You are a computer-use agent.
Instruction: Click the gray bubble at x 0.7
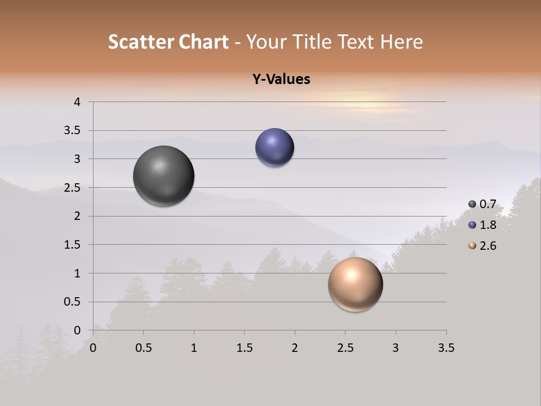pyautogui.click(x=164, y=176)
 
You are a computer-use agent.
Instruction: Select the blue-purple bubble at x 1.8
pyautogui.click(x=274, y=148)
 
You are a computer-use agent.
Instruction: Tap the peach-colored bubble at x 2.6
pyautogui.click(x=355, y=284)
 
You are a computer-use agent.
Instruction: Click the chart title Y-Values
pyautogui.click(x=281, y=80)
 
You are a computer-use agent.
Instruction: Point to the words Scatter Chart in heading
pyautogui.click(x=168, y=42)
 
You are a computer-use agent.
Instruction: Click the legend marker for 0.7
pyautogui.click(x=472, y=204)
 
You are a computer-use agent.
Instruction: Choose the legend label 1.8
pyautogui.click(x=488, y=225)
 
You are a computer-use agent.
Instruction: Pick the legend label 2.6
pyautogui.click(x=488, y=246)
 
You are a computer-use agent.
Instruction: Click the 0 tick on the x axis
pyautogui.click(x=94, y=348)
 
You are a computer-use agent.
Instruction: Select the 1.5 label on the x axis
pyautogui.click(x=245, y=348)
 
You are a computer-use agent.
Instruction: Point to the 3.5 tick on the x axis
pyautogui.click(x=446, y=348)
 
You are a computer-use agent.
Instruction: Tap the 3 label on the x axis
pyautogui.click(x=396, y=348)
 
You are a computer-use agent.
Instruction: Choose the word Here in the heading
pyautogui.click(x=401, y=42)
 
